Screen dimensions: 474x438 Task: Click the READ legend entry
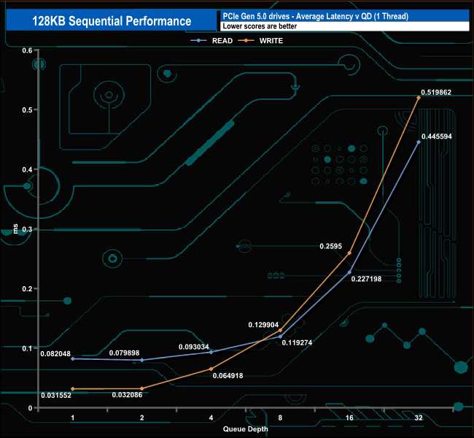click(211, 41)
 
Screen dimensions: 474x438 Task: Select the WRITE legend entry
click(260, 41)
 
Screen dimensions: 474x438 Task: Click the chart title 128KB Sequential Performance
click(112, 21)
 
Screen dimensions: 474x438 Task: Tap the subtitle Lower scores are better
click(260, 26)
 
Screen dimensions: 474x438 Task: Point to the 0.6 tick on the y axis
click(27, 50)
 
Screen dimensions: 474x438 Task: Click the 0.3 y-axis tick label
click(27, 229)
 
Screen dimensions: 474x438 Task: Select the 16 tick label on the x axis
click(349, 418)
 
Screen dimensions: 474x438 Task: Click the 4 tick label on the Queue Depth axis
click(211, 418)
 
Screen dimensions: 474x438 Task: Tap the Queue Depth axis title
click(246, 429)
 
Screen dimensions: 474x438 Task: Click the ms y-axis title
click(15, 228)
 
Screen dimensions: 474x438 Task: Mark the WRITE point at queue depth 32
click(419, 98)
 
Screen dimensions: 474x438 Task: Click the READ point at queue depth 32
click(419, 142)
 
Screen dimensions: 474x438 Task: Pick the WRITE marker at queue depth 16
click(349, 253)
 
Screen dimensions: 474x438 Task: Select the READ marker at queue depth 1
click(72, 358)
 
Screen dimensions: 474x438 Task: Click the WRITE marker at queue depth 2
click(141, 388)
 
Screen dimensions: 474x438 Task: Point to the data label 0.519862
click(436, 92)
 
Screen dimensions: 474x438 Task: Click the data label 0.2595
click(331, 246)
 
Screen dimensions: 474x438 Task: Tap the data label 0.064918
click(228, 376)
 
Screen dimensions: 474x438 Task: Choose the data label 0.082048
click(55, 353)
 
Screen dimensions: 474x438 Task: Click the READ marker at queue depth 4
click(211, 352)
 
